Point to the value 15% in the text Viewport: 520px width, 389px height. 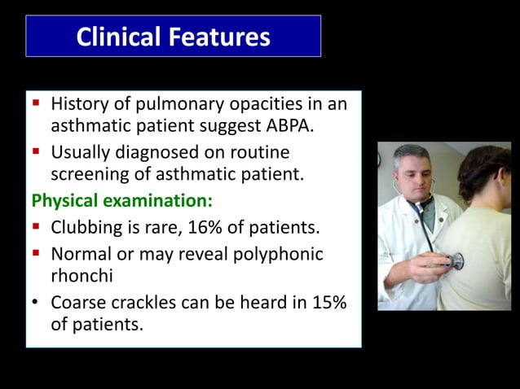[325, 303]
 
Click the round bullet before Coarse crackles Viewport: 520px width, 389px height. [36, 303]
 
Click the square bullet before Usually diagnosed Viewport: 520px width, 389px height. [36, 152]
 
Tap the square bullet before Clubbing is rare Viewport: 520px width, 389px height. [36, 225]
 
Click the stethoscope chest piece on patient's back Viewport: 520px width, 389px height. [455, 261]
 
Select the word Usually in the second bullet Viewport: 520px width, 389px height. [82, 152]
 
